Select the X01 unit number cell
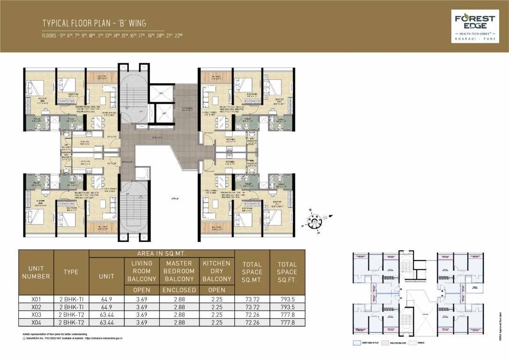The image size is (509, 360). [x=36, y=298]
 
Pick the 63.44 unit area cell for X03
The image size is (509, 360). [x=106, y=315]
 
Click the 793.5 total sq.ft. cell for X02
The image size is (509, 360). [x=286, y=307]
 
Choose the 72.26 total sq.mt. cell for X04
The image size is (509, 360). [x=252, y=323]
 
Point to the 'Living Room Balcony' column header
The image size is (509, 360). [x=142, y=271]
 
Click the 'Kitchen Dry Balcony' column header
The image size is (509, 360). [x=216, y=271]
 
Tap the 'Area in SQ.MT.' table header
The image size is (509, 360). [x=162, y=253]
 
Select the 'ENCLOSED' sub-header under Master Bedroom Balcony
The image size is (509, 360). [x=179, y=290]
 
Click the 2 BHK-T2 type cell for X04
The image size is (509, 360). [x=71, y=323]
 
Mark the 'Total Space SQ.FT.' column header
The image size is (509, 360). [x=286, y=272]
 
